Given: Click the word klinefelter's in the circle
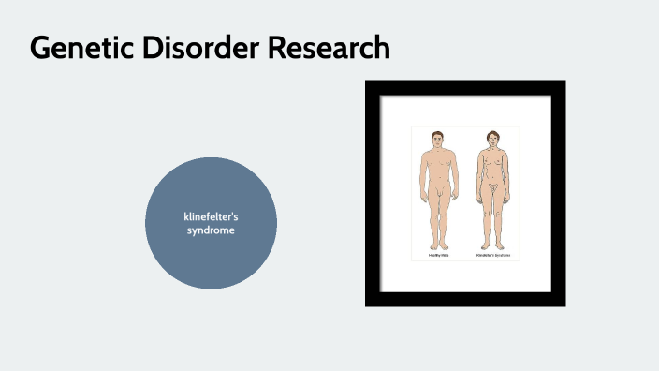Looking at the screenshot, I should (x=211, y=217).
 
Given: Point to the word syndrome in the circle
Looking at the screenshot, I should (x=211, y=230).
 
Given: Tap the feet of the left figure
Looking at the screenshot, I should (x=436, y=245).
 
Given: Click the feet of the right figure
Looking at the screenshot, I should (x=493, y=245).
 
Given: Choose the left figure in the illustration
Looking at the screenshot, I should (x=436, y=187).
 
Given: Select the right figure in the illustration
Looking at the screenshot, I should (x=493, y=187).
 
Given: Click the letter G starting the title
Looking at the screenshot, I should (x=41, y=48).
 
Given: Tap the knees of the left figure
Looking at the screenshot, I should (x=436, y=217).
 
